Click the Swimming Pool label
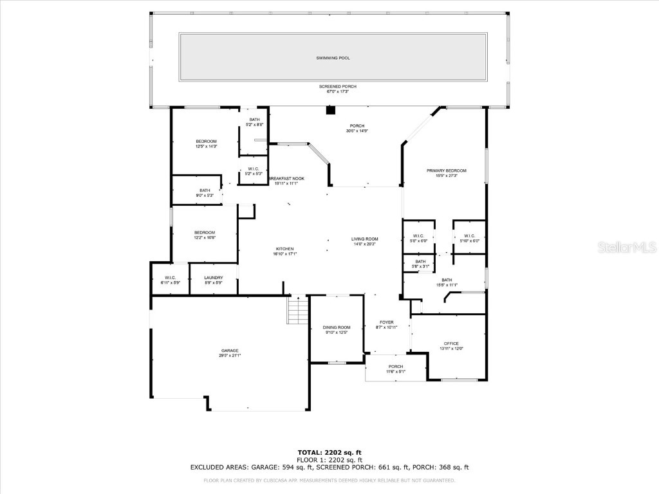pyautogui.click(x=333, y=58)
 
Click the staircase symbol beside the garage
pyautogui.click(x=297, y=311)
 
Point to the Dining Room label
pyautogui.click(x=337, y=328)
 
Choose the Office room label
pyautogui.click(x=451, y=343)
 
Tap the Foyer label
pyautogui.click(x=386, y=322)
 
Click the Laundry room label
pyautogui.click(x=214, y=278)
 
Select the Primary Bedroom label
pyautogui.click(x=446, y=170)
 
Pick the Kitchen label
pyautogui.click(x=285, y=249)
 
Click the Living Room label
pyautogui.click(x=364, y=239)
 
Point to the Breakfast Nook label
pyautogui.click(x=286, y=178)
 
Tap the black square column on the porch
pyautogui.click(x=330, y=110)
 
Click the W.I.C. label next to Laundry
pyautogui.click(x=170, y=278)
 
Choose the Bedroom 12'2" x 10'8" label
pyautogui.click(x=205, y=232)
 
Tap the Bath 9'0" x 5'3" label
pyautogui.click(x=205, y=190)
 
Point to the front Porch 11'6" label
pyautogui.click(x=395, y=367)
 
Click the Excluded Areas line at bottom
pyautogui.click(x=329, y=468)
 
